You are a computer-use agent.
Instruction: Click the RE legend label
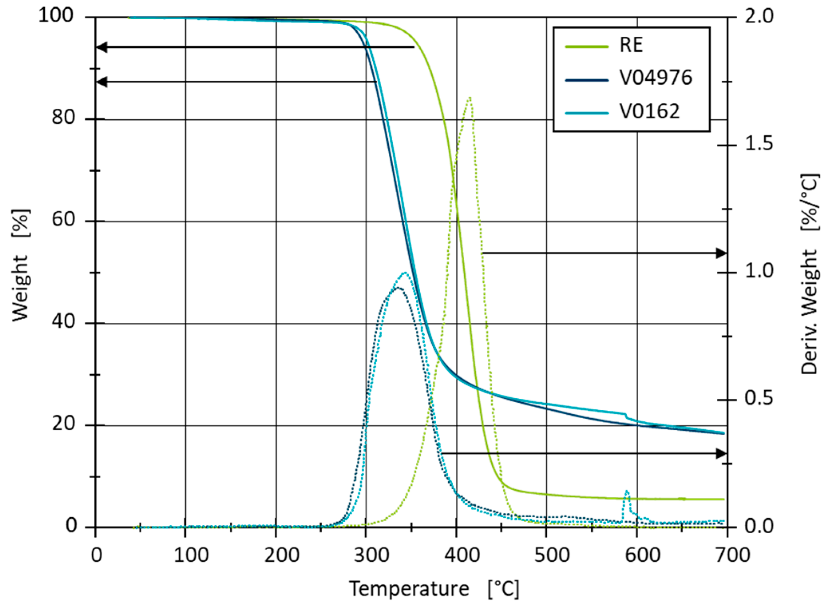click(x=631, y=45)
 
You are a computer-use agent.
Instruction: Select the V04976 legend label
click(x=655, y=77)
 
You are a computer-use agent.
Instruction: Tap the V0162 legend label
click(x=649, y=111)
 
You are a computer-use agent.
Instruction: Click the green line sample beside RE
click(x=586, y=46)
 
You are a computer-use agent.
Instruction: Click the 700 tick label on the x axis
click(x=732, y=555)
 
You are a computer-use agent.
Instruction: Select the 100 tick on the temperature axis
click(x=191, y=555)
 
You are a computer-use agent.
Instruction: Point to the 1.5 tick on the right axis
click(x=759, y=144)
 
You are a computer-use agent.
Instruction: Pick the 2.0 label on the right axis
click(x=759, y=16)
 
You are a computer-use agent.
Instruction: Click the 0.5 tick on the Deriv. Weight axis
click(x=759, y=399)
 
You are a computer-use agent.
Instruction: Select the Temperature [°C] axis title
click(x=434, y=589)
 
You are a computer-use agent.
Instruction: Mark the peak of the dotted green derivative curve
click(x=470, y=97)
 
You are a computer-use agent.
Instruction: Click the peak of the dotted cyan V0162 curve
click(x=405, y=272)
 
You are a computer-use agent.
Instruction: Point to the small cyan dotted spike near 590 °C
click(x=627, y=491)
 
